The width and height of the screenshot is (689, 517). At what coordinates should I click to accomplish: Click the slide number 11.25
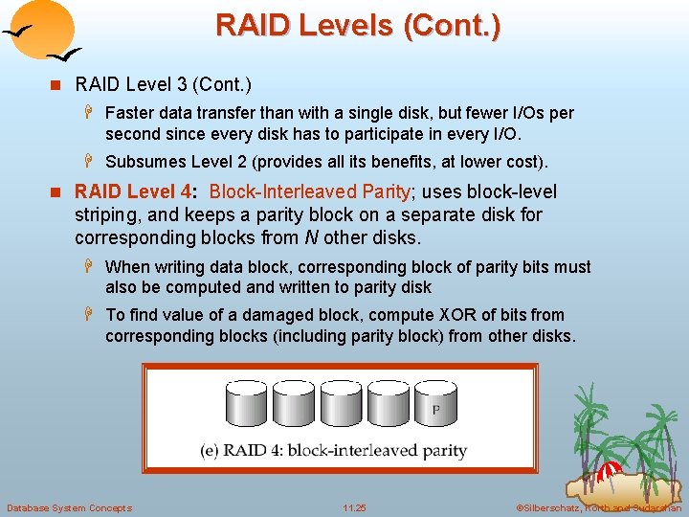point(354,507)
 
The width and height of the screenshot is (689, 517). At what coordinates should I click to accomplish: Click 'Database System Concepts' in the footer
point(69,507)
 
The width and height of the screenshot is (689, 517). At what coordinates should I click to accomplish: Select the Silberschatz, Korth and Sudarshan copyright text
point(598,507)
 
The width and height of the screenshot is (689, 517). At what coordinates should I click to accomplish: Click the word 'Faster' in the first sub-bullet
point(131,113)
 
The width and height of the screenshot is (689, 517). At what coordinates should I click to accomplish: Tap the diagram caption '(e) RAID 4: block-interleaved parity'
point(333,450)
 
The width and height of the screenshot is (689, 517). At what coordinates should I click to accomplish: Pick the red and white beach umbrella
point(610,472)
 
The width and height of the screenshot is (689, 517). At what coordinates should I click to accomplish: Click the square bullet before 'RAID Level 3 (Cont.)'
point(58,85)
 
